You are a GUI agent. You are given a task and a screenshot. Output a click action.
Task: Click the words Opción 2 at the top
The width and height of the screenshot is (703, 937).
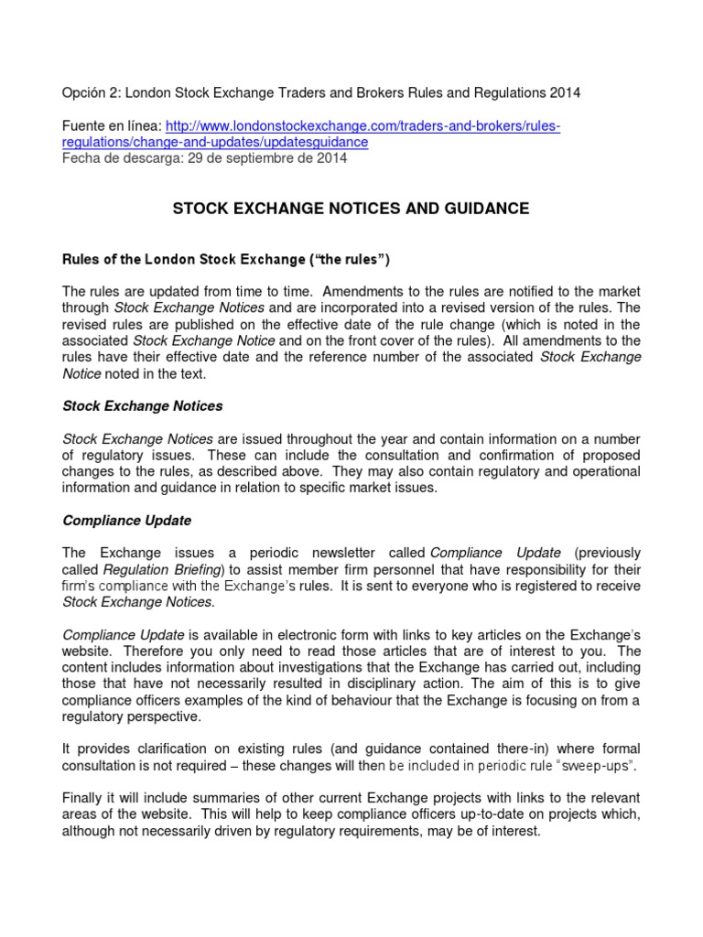(x=89, y=92)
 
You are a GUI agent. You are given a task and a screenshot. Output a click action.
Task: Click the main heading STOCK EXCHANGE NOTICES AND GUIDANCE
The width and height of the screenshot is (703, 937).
(x=351, y=209)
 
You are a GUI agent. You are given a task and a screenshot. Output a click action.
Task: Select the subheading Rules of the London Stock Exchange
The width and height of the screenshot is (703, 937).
(x=182, y=259)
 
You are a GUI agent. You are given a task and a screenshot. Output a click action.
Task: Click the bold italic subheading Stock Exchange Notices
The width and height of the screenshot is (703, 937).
(x=142, y=405)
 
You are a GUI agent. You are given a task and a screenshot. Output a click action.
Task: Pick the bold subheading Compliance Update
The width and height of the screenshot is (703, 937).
(x=126, y=520)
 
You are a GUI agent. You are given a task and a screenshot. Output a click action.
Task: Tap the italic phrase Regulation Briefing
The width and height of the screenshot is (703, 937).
(x=151, y=569)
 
